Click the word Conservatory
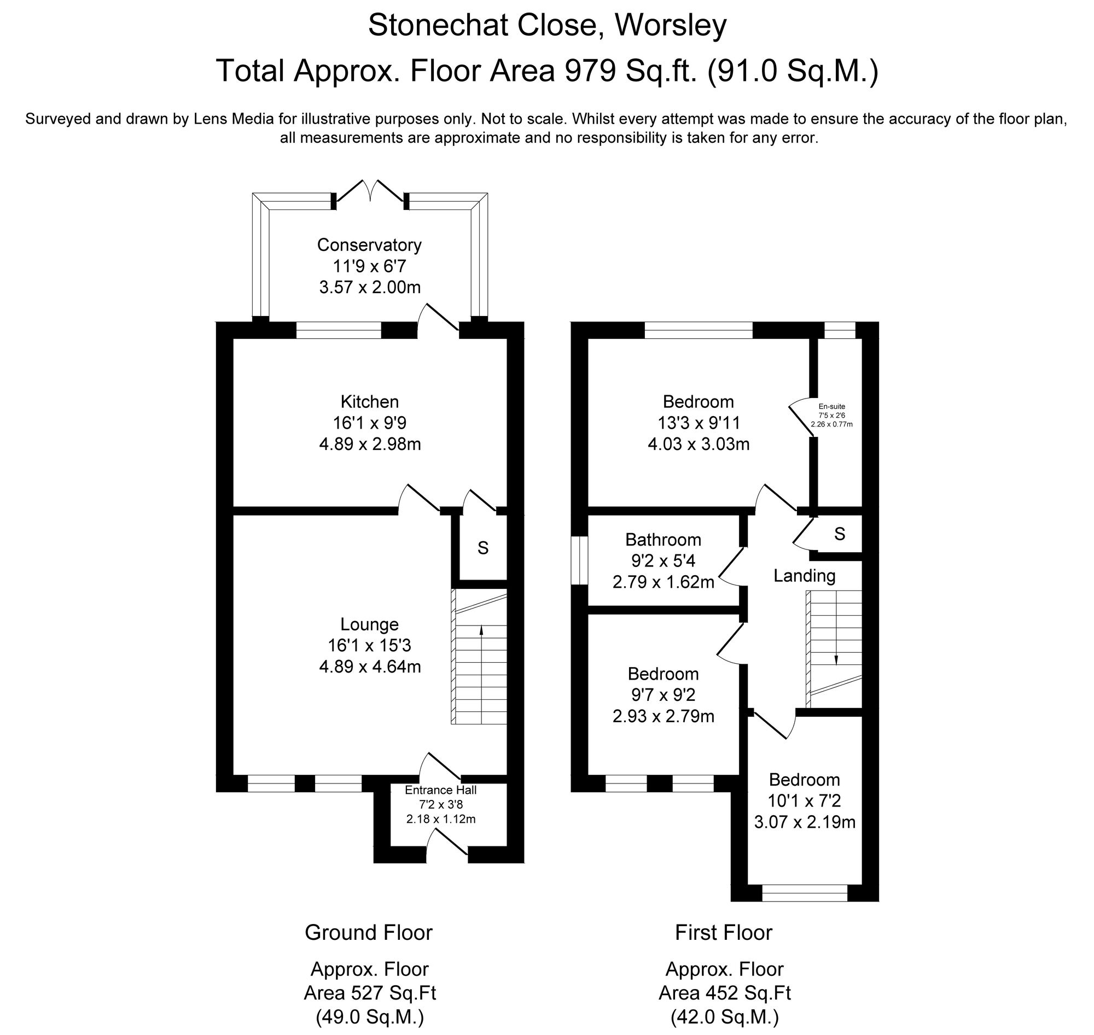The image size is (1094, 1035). click(369, 244)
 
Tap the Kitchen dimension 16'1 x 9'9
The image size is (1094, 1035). click(369, 423)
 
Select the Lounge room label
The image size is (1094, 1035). click(369, 624)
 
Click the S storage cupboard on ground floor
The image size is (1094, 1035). click(483, 548)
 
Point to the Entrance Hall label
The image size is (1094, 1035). click(440, 790)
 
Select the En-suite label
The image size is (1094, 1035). click(831, 406)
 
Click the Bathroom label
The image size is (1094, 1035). click(663, 539)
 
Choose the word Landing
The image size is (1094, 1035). click(804, 576)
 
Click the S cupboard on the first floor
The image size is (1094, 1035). click(840, 534)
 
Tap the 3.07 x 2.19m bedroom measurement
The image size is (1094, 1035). click(804, 823)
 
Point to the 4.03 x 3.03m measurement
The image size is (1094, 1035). click(698, 444)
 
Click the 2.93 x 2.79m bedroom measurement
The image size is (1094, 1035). click(663, 716)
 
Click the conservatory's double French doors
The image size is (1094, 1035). click(370, 193)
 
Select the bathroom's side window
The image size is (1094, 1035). click(579, 560)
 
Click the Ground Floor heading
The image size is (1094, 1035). click(368, 933)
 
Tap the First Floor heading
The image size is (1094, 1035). click(723, 933)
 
